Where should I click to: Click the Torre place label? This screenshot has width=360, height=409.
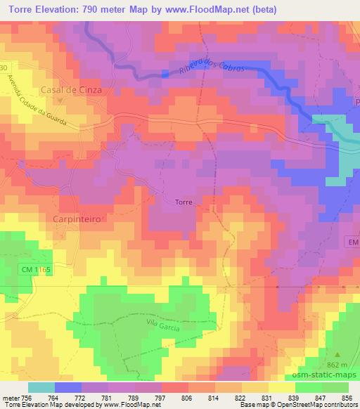[x=183, y=202]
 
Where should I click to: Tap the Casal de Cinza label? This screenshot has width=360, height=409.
[x=62, y=91]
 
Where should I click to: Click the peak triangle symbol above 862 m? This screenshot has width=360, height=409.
[x=337, y=355]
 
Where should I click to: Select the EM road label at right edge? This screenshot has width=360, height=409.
[x=353, y=242]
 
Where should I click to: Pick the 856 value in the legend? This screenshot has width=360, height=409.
[x=347, y=397]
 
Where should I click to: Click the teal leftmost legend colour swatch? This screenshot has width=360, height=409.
[x=41, y=387]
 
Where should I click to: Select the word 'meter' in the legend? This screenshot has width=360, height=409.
[x=9, y=397]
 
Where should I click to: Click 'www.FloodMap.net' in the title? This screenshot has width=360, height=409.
[x=214, y=10]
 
